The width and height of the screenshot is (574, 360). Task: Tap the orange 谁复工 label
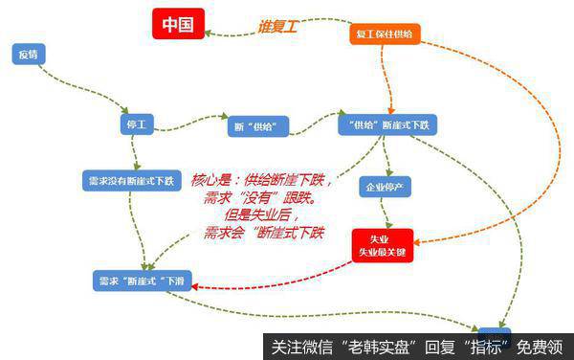click(278, 28)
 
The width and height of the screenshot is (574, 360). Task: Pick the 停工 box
click(136, 124)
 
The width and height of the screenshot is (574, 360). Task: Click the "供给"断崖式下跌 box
click(387, 126)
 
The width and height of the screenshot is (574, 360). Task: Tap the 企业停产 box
click(383, 186)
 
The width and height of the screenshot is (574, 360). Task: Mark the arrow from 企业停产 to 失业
click(383, 213)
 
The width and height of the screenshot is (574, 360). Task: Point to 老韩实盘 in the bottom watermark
click(381, 346)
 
